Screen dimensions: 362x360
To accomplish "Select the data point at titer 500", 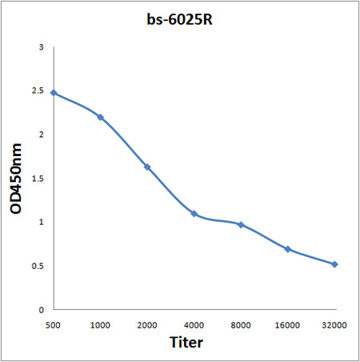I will click(54, 93).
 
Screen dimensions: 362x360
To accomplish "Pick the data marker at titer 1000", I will click(100, 117).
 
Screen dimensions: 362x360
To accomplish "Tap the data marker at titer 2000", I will click(147, 167).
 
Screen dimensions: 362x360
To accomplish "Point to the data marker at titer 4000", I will click(194, 213).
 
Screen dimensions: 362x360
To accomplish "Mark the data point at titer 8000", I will click(241, 224).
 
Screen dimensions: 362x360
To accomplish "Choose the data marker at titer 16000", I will click(288, 249).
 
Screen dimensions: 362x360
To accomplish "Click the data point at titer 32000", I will click(334, 263).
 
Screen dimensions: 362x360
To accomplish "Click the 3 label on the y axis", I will click(41, 48).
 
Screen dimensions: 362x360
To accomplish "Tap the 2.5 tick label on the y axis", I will click(38, 91).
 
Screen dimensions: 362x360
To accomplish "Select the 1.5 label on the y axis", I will click(38, 179).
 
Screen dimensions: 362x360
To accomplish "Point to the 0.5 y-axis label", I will click(38, 266).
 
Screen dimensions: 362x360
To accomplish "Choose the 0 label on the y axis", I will click(41, 309).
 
